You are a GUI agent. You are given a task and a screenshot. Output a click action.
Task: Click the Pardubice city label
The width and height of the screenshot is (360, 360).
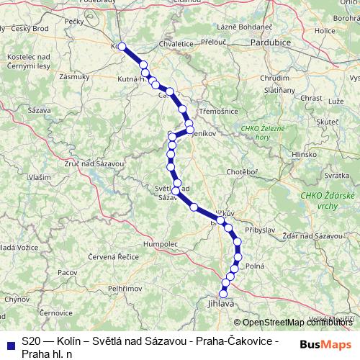coord(269,43)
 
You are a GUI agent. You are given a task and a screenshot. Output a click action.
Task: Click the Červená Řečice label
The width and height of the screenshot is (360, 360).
coord(107,257)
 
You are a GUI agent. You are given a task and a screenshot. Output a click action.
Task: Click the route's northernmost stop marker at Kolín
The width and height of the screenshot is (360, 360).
coord(122,47)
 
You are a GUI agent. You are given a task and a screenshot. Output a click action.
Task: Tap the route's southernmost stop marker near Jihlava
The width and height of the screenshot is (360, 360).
coord(224,293)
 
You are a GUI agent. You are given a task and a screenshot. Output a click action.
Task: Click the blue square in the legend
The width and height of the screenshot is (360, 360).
coord(9,341)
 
